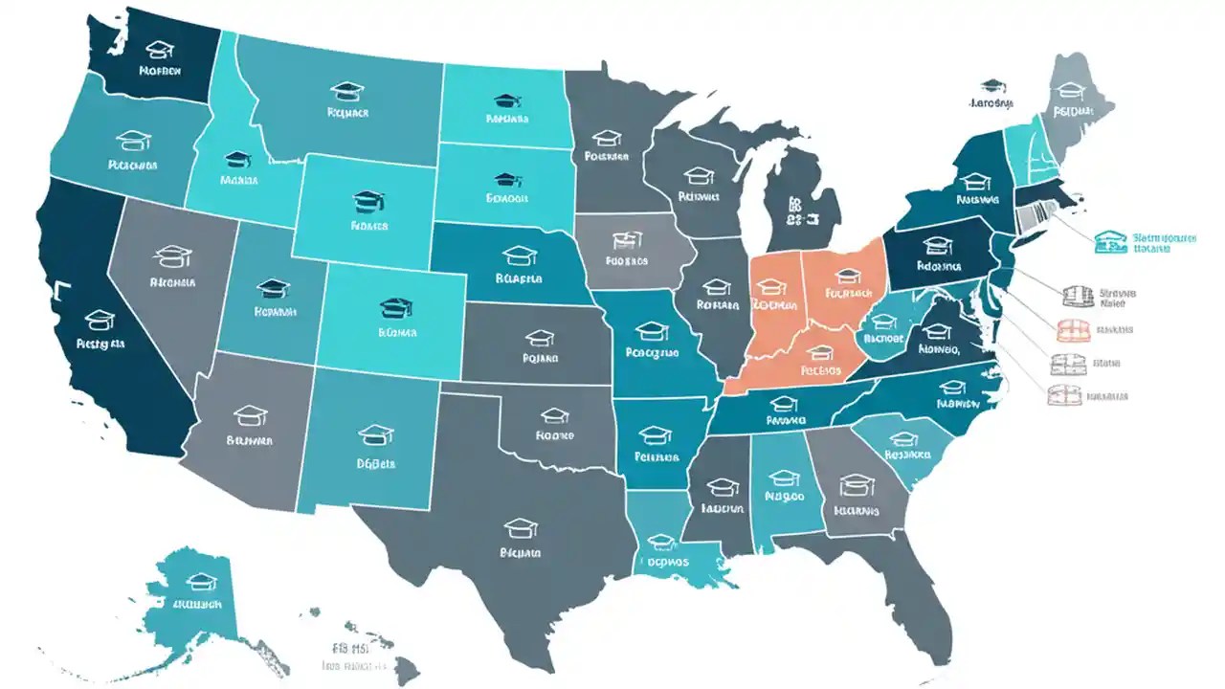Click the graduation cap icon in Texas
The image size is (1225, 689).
click(x=522, y=527)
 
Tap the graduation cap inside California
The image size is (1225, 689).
click(x=100, y=319)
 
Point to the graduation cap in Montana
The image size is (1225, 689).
click(x=346, y=91)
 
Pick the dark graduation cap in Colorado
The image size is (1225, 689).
click(x=395, y=308)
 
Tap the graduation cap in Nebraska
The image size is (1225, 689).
click(x=519, y=255)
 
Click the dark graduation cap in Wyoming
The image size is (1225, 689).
click(x=368, y=201)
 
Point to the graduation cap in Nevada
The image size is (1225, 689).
click(x=172, y=256)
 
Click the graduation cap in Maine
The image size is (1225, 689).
click(x=1072, y=90)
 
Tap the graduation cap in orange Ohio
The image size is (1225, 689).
click(x=848, y=277)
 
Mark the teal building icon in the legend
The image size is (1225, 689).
click(x=1111, y=241)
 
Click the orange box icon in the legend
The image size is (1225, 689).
click(x=1072, y=331)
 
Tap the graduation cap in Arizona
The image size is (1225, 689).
click(x=251, y=415)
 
